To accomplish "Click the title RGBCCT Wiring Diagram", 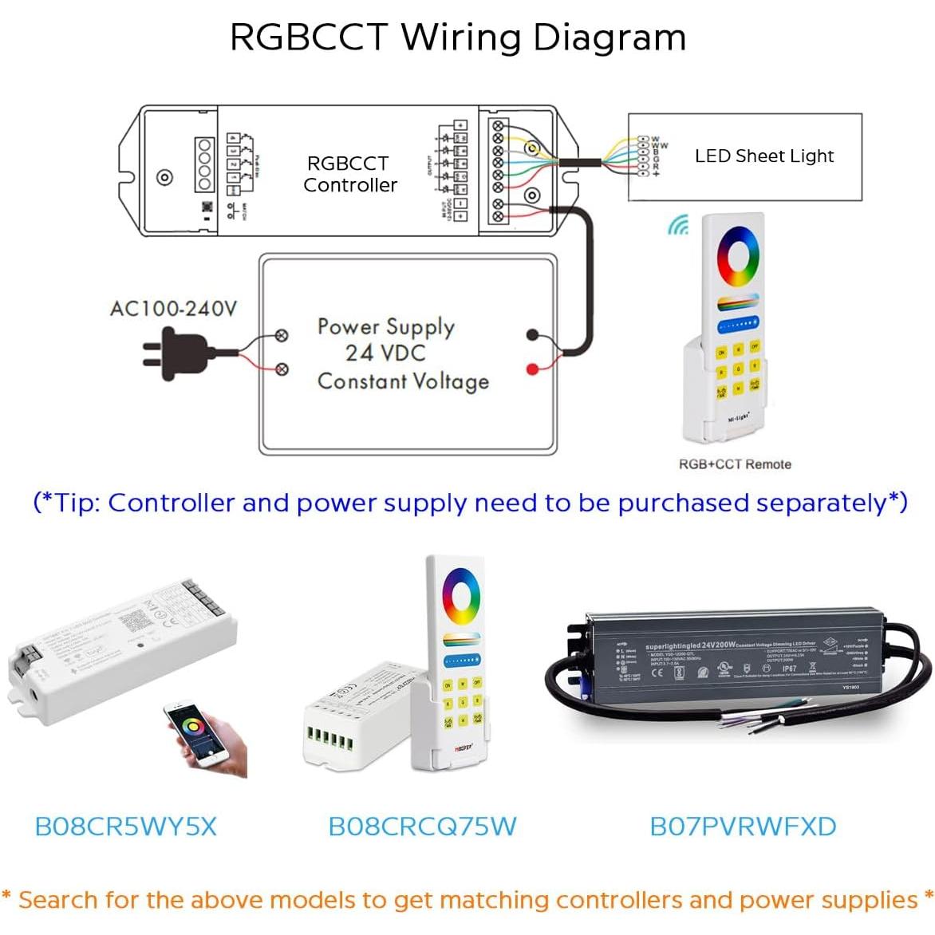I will point(458,37).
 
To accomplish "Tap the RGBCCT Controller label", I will point(349,174).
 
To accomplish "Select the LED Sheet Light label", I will point(763,156).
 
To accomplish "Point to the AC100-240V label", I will point(173,309).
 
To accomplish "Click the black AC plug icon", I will point(177,353).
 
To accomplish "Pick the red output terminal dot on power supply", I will point(532,369).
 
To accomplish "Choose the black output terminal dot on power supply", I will point(532,336).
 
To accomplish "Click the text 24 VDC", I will point(385,353).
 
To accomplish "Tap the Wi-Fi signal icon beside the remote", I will point(678,226).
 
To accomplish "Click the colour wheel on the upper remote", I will point(738,257).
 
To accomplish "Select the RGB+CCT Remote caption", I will point(735,464).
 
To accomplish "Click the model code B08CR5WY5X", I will point(126,827).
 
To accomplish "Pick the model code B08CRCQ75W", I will point(422,827).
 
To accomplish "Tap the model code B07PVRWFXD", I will point(743,827).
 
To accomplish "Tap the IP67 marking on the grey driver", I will point(788,669).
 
